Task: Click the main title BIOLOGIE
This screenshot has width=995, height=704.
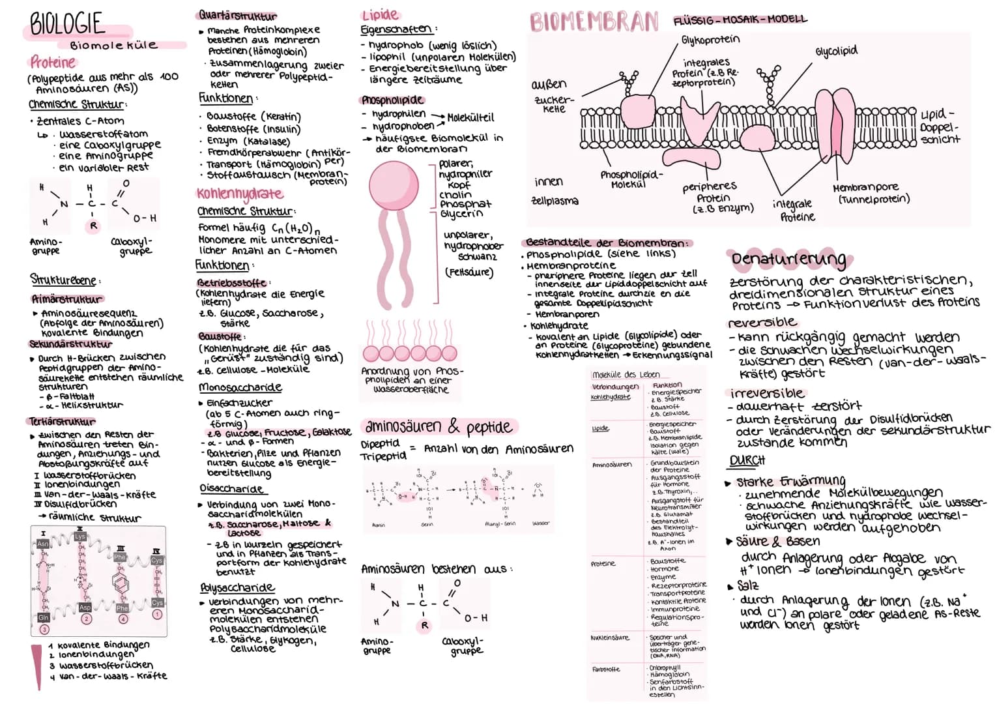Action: (67, 24)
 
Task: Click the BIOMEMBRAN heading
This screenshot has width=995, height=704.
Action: (594, 22)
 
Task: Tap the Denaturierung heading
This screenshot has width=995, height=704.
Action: (788, 259)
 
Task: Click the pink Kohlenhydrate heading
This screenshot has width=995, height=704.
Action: (240, 194)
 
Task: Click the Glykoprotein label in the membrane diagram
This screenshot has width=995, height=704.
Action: (710, 40)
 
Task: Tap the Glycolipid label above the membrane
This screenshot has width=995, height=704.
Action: (836, 51)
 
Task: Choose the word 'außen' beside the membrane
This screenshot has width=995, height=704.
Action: (549, 84)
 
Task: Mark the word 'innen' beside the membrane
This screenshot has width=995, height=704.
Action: (549, 182)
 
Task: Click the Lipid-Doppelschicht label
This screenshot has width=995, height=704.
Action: (940, 126)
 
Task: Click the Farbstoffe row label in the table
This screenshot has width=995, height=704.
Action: (605, 669)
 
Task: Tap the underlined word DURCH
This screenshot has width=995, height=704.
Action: (747, 460)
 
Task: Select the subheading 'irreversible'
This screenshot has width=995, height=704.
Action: (767, 394)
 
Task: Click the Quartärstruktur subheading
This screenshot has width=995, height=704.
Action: (237, 15)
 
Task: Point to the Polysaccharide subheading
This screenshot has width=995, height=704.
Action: (237, 587)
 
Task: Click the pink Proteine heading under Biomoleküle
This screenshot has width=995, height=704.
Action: (53, 63)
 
